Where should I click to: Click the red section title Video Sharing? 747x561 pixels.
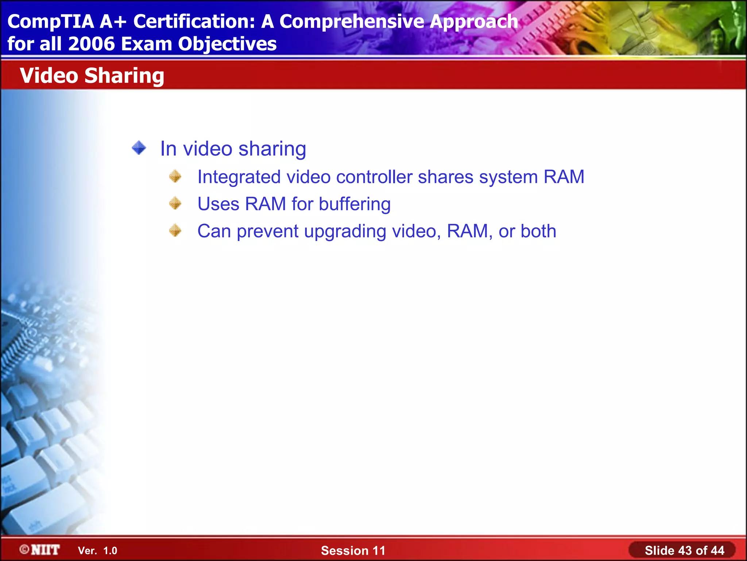[x=92, y=76]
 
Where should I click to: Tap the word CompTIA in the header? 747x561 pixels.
[x=51, y=22]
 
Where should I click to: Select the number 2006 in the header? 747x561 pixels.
[x=91, y=44]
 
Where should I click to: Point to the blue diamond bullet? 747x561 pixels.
[x=139, y=148]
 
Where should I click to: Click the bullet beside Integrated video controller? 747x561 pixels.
[x=175, y=176]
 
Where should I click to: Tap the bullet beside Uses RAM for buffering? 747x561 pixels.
[x=175, y=203]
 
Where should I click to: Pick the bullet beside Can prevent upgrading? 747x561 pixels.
[x=175, y=230]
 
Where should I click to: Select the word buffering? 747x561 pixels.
[x=355, y=204]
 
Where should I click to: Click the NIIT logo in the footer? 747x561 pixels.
[x=40, y=550]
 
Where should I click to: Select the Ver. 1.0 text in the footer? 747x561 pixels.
[x=97, y=550]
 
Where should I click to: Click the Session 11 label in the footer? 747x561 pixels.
[x=353, y=550]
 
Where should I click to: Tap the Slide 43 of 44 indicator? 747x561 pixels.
[x=684, y=550]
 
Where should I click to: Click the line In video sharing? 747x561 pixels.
[x=233, y=149]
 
